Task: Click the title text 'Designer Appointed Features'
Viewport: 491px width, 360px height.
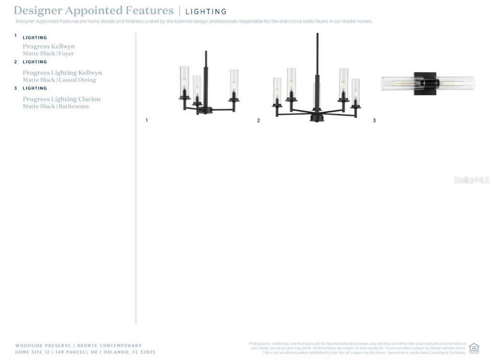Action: click(94, 11)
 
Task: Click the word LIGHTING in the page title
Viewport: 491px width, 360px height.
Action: click(206, 12)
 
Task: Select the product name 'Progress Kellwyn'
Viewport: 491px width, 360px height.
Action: click(49, 46)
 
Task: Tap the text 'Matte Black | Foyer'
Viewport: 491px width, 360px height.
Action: click(48, 54)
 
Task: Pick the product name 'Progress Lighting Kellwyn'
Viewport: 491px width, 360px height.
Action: click(62, 73)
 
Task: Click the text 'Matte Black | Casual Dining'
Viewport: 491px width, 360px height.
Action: click(59, 80)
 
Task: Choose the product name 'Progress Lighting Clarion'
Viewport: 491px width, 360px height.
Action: click(62, 99)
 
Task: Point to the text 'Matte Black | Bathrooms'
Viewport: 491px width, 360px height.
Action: click(56, 106)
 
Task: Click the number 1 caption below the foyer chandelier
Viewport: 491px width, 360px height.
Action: click(147, 120)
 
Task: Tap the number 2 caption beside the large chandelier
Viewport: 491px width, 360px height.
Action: click(258, 120)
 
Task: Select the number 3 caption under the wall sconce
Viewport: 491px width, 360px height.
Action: click(374, 120)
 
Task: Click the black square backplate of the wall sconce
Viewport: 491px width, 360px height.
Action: click(426, 83)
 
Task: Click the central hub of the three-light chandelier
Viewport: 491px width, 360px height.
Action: click(205, 110)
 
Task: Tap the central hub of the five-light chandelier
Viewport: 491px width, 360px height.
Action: click(316, 116)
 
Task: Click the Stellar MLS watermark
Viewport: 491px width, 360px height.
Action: click(471, 180)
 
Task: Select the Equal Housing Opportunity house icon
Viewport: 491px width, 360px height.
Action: click(474, 348)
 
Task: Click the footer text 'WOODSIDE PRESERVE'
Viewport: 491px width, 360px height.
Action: click(43, 346)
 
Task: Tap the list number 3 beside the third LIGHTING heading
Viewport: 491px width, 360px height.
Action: click(15, 88)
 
